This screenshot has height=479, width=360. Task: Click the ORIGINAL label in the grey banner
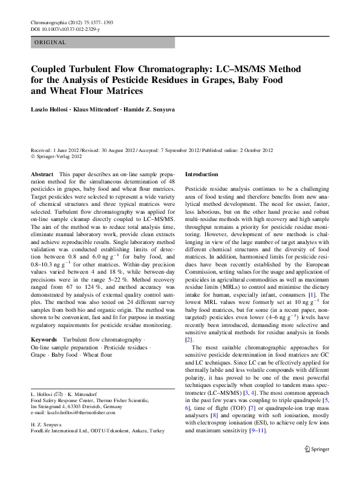point(51,43)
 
